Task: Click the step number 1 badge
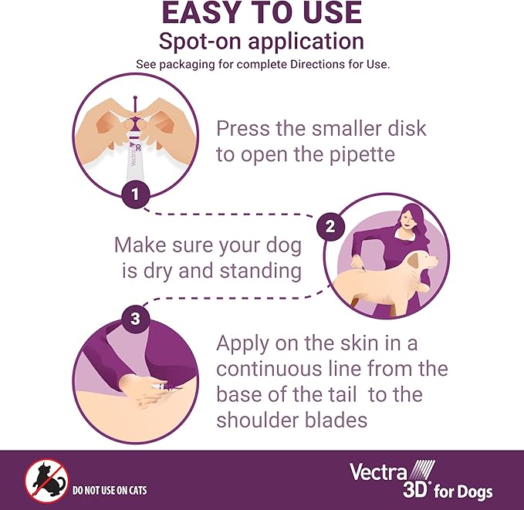point(136,194)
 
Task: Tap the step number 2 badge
point(330,227)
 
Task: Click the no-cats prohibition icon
point(47,481)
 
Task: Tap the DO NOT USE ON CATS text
point(109,490)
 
